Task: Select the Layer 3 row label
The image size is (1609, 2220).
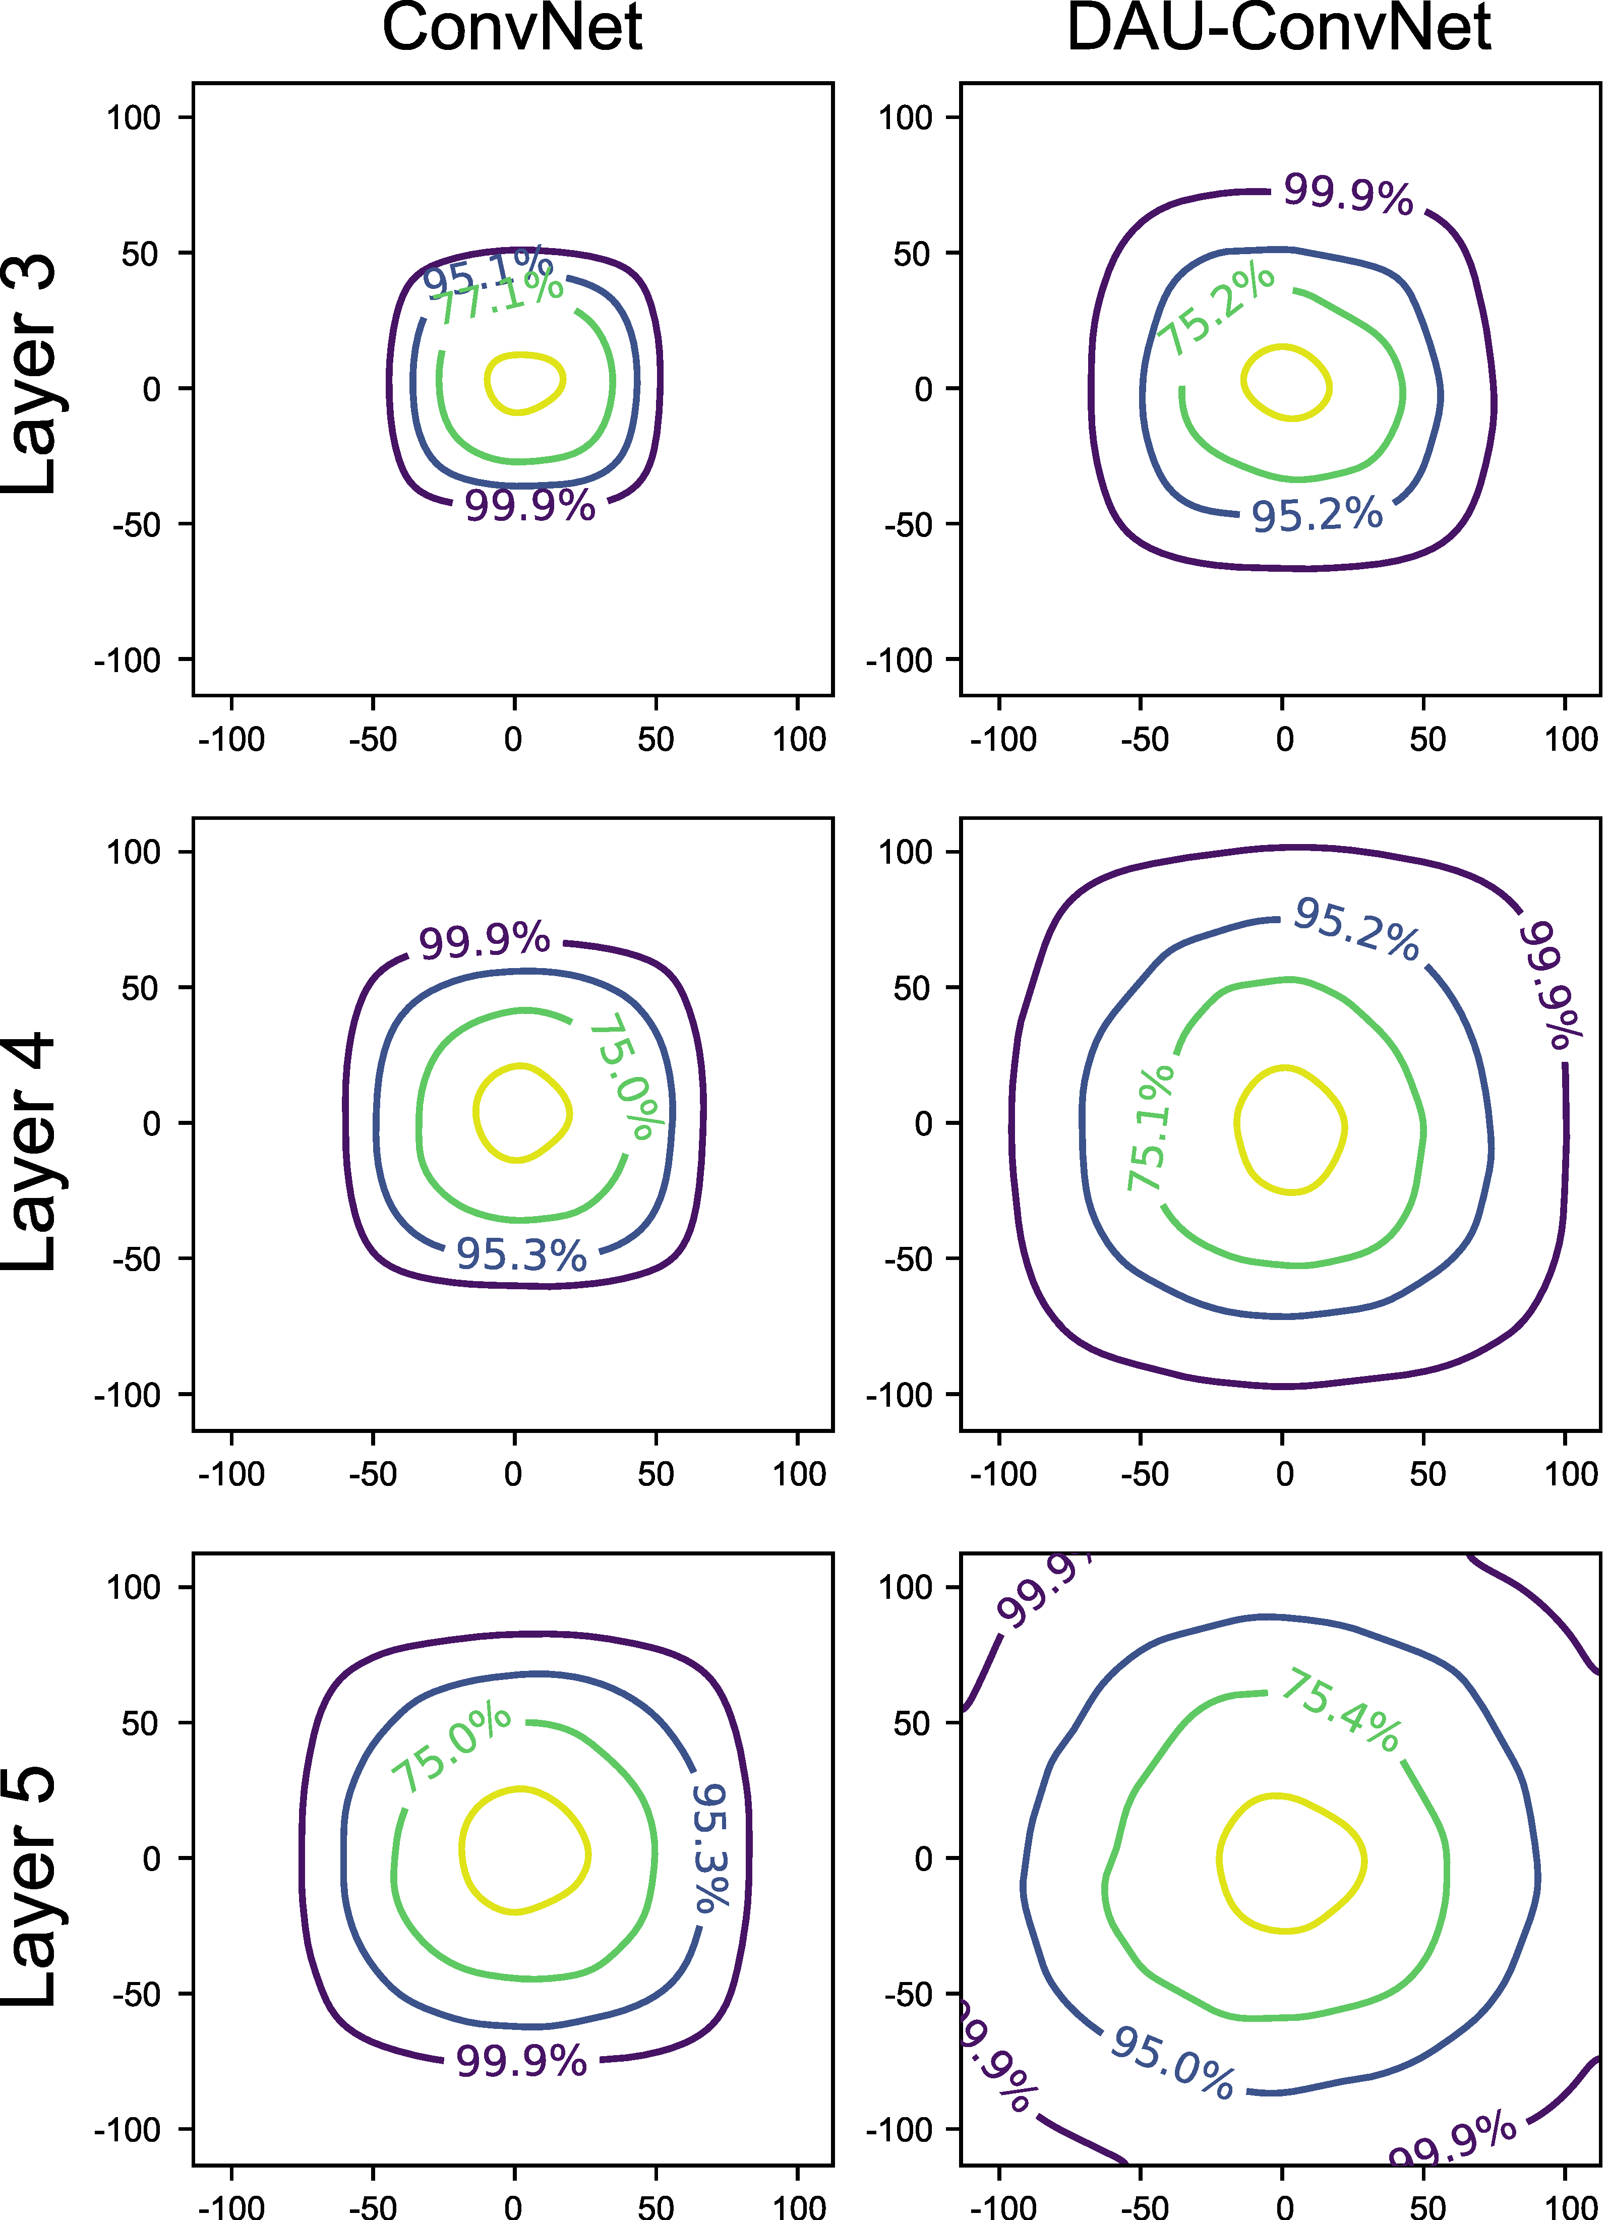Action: [29, 375]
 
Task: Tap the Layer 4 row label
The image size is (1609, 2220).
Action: [29, 1152]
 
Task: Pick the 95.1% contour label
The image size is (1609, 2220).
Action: [488, 270]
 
